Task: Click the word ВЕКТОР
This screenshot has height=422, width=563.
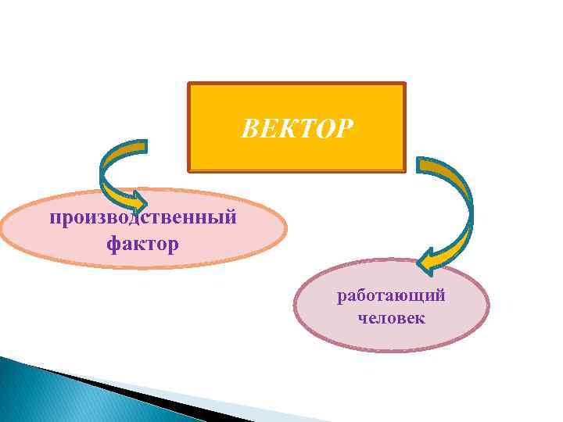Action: tap(297, 128)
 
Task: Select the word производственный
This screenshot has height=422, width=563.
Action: tap(143, 216)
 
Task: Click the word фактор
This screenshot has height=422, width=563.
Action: tap(143, 244)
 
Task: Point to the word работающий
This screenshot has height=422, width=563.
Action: tap(391, 296)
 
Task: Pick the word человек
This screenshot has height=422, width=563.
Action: tap(391, 318)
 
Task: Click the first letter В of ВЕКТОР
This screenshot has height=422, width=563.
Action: tap(249, 128)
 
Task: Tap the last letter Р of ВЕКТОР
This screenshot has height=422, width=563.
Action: tap(345, 128)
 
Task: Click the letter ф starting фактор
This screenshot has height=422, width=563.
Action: tap(113, 245)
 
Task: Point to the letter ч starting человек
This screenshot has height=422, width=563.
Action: tap(363, 319)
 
